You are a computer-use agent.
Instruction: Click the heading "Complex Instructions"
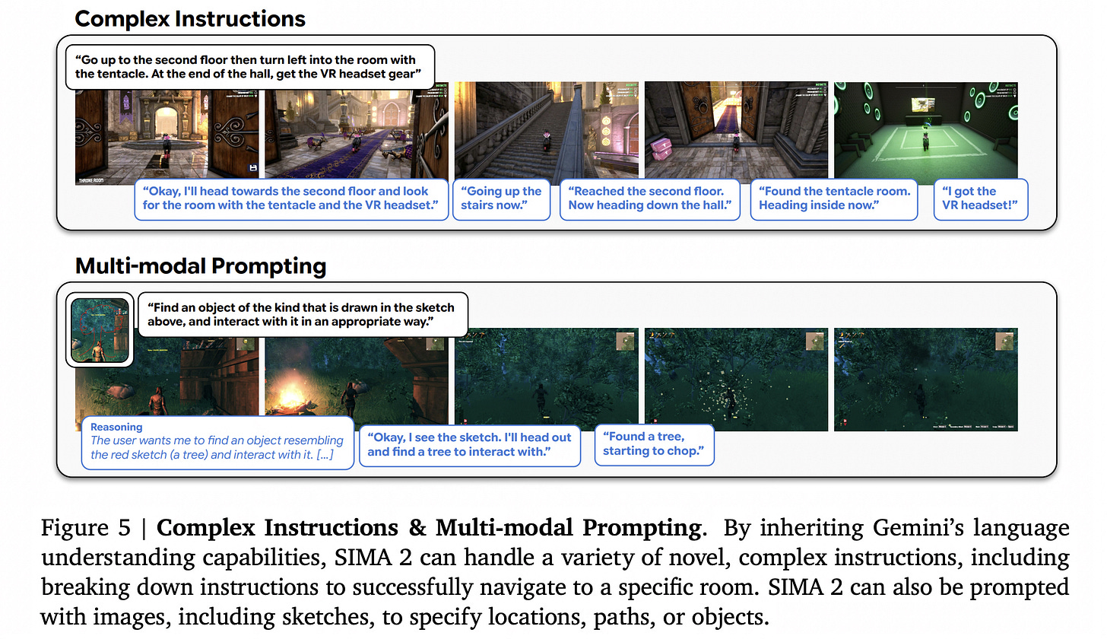190,18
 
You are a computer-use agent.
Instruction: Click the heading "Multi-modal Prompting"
201,266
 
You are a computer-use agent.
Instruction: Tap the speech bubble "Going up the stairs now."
501,199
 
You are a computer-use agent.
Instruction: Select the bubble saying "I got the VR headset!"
980,199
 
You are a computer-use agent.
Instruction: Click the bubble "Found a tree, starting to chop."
654,444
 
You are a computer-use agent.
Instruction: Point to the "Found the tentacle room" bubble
834,199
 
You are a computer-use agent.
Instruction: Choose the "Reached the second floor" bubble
649,199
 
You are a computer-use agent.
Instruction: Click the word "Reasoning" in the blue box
116,428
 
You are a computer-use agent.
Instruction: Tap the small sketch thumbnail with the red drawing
100,330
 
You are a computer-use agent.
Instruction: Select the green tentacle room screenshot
925,129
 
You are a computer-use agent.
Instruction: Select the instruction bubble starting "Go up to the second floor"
250,67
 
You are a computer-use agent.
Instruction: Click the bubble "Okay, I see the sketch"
469,445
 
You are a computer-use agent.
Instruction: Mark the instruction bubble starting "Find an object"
301,315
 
